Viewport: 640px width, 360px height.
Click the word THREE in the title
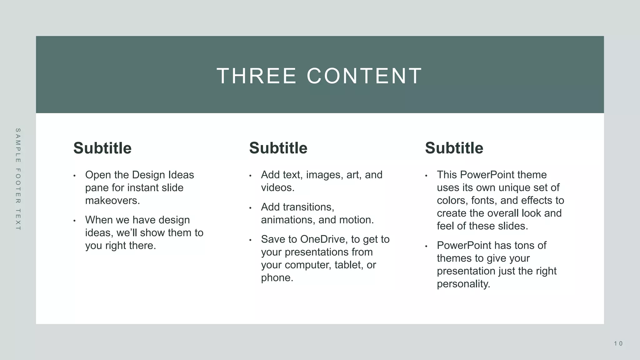[256, 76]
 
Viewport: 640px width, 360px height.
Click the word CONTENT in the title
[364, 76]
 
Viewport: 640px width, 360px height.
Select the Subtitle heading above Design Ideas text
[102, 148]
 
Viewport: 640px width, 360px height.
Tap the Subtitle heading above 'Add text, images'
[278, 148]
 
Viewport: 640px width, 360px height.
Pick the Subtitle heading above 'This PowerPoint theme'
[454, 148]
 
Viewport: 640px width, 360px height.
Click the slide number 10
[618, 344]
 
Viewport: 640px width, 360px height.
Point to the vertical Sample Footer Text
[18, 179]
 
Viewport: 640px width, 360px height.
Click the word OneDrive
[324, 239]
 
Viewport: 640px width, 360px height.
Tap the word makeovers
[112, 200]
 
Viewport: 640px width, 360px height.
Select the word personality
[463, 284]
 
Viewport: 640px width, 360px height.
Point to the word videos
[277, 187]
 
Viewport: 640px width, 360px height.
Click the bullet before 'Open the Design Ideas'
[74, 176]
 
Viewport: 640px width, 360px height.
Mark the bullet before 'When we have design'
[74, 221]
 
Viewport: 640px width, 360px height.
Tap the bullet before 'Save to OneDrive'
[250, 240]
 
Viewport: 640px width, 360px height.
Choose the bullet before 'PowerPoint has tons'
[426, 246]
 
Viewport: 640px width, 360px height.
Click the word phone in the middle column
[277, 277]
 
